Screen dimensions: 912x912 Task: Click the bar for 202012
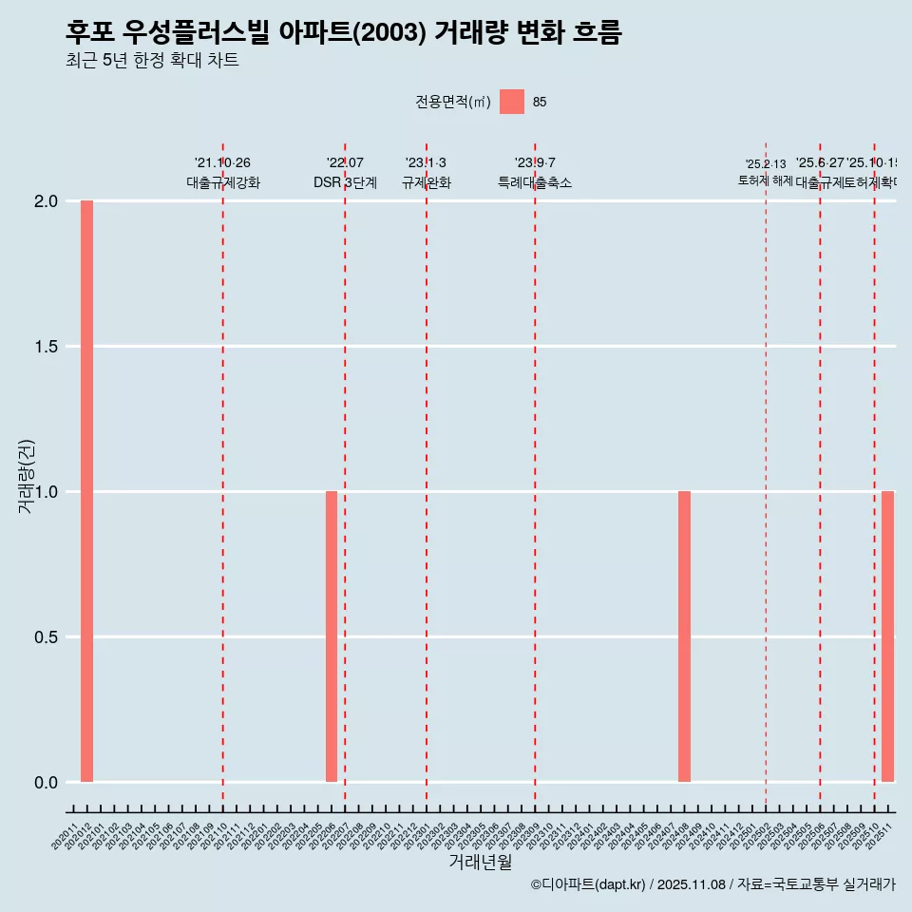coord(86,491)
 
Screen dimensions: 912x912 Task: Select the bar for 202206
coord(332,636)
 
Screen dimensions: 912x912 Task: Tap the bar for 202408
coord(684,636)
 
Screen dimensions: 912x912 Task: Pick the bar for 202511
coord(887,636)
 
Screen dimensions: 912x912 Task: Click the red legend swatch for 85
coord(512,102)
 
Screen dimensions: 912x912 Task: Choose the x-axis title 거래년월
coord(480,863)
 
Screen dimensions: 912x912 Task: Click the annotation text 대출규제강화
coord(223,183)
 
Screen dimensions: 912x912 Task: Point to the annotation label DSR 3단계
coord(345,183)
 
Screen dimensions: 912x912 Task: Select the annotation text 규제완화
coord(426,183)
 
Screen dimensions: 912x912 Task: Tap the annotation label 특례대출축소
coord(535,183)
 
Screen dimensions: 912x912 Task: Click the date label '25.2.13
coord(766,164)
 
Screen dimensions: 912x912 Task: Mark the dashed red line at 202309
coord(535,475)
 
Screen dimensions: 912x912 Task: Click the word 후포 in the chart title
coord(89,33)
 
